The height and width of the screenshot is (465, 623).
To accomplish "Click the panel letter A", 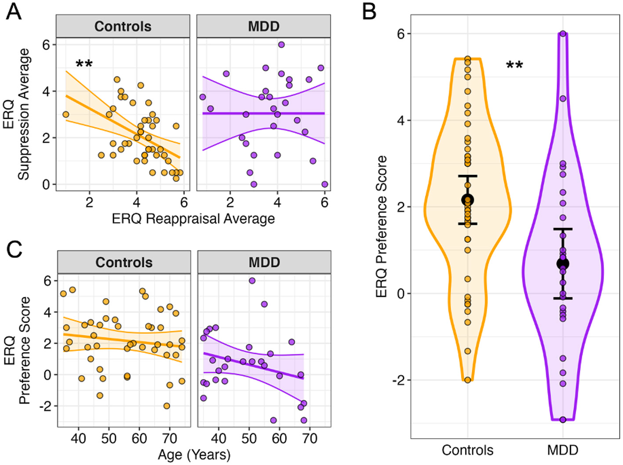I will click(14, 12).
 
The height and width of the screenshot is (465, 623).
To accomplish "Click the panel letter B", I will click(369, 12).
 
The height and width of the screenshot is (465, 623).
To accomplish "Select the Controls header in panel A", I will click(123, 26).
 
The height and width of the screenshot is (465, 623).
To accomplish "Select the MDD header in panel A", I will click(263, 26).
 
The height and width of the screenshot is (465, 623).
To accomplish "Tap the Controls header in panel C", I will click(124, 262).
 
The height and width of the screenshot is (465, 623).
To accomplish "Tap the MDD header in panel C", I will click(264, 262).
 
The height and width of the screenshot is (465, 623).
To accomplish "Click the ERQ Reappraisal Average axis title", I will click(193, 218).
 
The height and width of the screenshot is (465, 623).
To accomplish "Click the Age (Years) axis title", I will click(194, 454).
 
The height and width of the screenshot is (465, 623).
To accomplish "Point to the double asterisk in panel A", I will click(84, 64).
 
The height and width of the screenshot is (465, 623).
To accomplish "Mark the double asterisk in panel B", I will click(514, 66).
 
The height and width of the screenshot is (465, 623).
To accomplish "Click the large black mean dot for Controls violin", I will click(468, 200).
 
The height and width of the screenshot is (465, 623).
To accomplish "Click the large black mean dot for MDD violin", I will click(563, 264).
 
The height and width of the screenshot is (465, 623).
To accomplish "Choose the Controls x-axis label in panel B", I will click(467, 450).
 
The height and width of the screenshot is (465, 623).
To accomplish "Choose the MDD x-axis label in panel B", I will click(562, 450).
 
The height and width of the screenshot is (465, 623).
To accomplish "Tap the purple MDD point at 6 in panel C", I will click(252, 280).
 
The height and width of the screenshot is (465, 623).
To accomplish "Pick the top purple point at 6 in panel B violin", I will click(563, 34).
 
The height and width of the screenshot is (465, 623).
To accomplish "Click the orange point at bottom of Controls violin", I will click(468, 380).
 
